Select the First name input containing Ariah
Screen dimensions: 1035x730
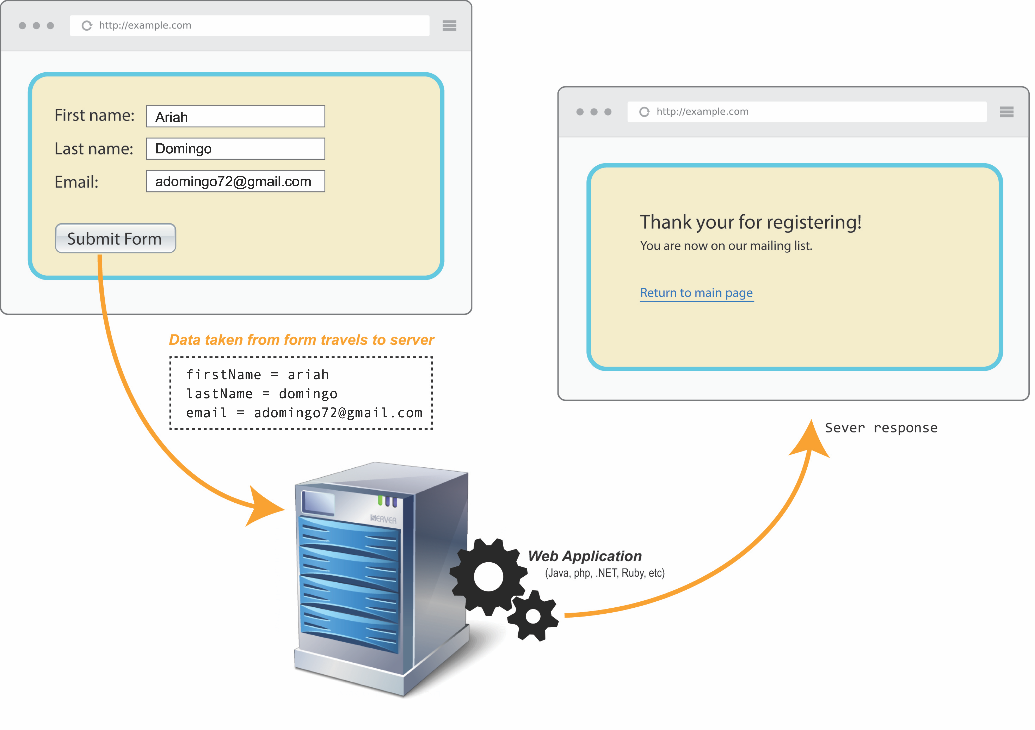coord(235,116)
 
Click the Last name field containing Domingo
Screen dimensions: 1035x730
coord(235,149)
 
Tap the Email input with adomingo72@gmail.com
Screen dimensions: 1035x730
coord(235,181)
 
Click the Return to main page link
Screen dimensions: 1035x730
coord(696,293)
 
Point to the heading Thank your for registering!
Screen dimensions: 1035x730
coord(751,222)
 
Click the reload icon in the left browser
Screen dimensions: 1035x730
coord(87,26)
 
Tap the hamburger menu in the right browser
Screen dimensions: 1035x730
coord(1007,112)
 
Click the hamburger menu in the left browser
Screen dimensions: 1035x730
coord(450,26)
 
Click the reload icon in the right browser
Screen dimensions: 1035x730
coord(645,112)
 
